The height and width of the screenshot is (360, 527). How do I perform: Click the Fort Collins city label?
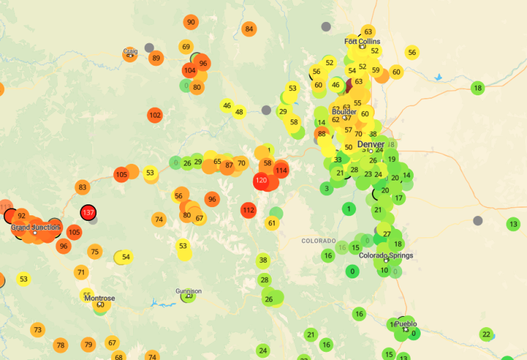click(362, 42)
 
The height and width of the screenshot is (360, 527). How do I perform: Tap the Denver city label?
click(371, 144)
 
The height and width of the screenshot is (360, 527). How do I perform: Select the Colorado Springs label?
click(386, 256)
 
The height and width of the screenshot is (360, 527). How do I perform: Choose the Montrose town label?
click(99, 298)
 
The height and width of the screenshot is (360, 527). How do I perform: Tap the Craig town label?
click(130, 51)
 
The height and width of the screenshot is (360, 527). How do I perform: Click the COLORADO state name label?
click(318, 241)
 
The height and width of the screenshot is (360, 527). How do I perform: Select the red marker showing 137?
click(88, 213)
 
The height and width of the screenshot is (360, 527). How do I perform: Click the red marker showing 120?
click(261, 182)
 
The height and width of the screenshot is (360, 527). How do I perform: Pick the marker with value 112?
click(248, 210)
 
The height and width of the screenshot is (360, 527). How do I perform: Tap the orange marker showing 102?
click(155, 115)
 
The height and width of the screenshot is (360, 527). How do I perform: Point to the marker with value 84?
click(249, 29)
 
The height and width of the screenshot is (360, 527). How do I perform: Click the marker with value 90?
click(191, 22)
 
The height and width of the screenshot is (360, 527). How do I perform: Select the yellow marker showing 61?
click(272, 223)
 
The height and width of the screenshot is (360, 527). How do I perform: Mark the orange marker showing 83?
click(83, 187)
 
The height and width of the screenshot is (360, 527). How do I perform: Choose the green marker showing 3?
click(327, 189)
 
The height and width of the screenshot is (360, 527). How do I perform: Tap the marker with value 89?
click(156, 58)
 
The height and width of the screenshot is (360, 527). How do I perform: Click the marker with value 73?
click(37, 330)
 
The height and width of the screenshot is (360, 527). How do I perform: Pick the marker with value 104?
click(190, 71)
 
